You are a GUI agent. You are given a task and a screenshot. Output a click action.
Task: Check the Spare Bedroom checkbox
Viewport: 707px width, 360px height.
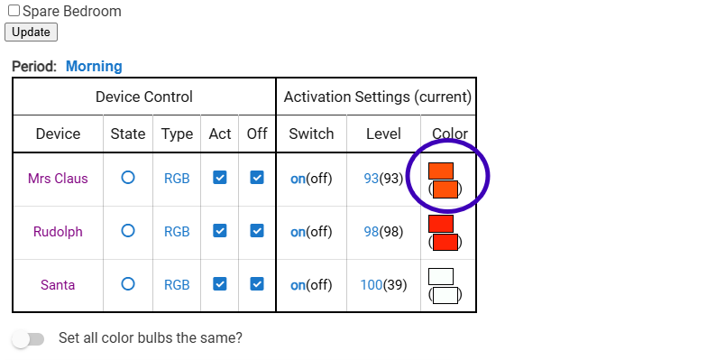(x=14, y=11)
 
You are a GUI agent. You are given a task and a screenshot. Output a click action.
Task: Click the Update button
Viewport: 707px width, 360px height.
(x=31, y=32)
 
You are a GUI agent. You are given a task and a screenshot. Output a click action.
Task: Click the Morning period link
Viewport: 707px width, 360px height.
(x=94, y=67)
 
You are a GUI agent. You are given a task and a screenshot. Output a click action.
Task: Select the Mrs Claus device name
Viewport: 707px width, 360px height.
(x=58, y=179)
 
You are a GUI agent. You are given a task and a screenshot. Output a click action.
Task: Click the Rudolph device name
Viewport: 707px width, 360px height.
(x=58, y=231)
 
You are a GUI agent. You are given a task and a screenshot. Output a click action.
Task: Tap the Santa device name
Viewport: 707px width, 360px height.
(x=58, y=285)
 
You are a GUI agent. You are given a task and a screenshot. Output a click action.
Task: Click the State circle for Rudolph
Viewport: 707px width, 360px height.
(x=128, y=231)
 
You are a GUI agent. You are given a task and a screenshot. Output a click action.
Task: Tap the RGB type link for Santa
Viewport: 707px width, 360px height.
(x=177, y=285)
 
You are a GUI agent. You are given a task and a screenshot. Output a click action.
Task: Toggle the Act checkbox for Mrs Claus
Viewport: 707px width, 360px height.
(x=220, y=178)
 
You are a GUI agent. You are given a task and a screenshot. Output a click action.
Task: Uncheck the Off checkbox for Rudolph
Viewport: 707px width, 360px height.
(x=257, y=231)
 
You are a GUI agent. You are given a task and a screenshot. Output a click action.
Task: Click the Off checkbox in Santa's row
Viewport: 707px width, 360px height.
(x=257, y=284)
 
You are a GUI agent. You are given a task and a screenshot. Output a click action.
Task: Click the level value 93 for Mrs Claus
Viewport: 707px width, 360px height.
(x=372, y=179)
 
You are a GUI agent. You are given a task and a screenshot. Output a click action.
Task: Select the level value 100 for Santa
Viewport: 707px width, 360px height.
(x=372, y=285)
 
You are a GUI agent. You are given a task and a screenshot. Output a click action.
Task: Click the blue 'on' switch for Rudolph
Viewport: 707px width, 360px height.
(x=298, y=232)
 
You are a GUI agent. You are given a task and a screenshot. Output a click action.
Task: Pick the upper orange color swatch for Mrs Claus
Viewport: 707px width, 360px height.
(x=441, y=171)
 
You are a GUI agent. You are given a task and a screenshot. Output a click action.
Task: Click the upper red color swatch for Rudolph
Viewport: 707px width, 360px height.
(x=441, y=224)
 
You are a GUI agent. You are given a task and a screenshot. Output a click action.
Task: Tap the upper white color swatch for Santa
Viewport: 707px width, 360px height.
(x=441, y=276)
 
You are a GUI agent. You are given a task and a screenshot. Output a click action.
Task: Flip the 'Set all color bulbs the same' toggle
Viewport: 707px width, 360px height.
(x=28, y=339)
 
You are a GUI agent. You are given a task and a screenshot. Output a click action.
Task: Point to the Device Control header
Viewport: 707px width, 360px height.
(x=144, y=97)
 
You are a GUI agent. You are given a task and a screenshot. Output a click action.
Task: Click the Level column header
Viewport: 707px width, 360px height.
(x=383, y=134)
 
